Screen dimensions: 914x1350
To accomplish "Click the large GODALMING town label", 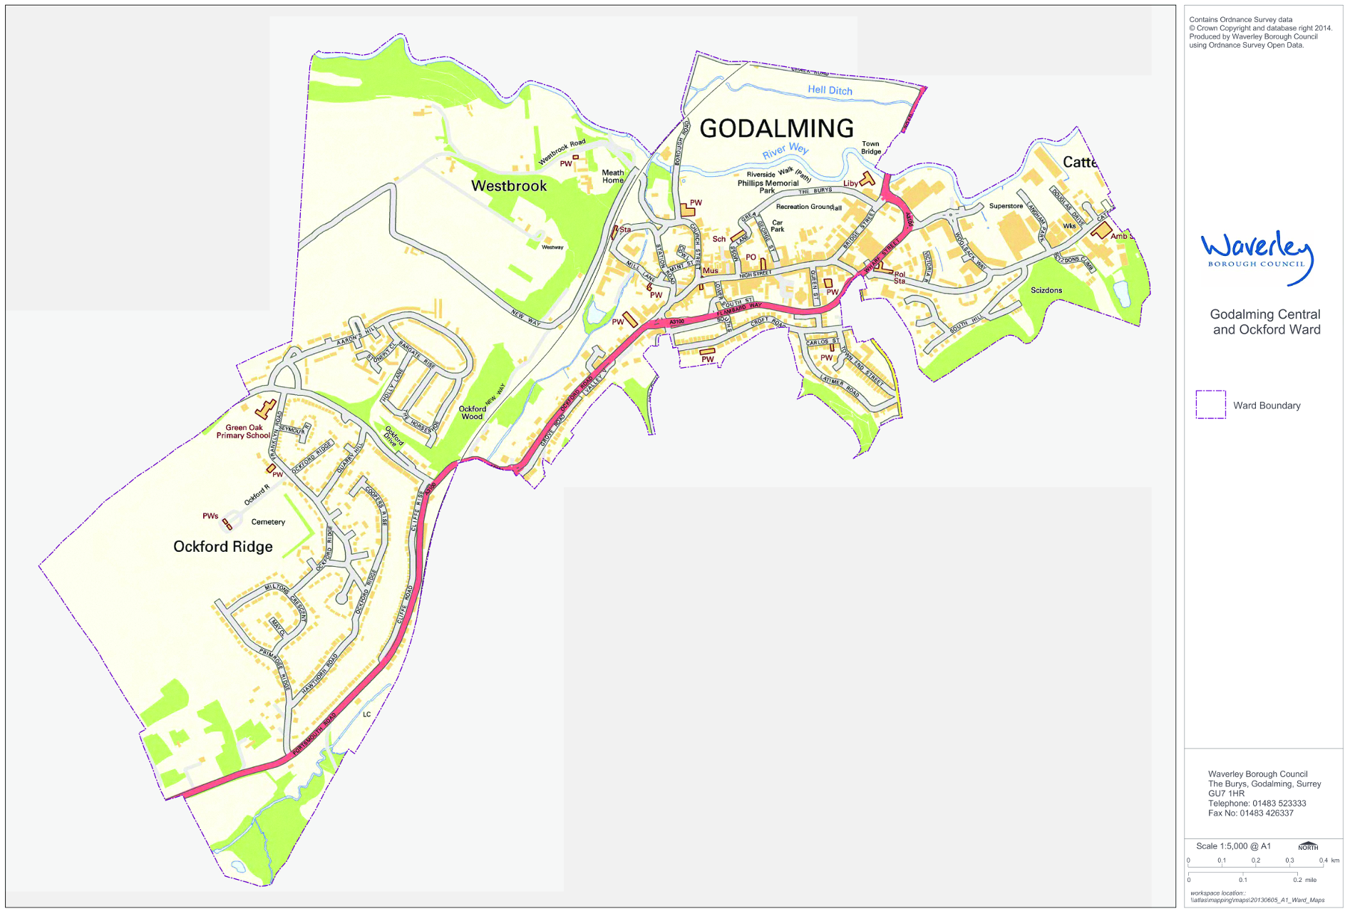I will point(776,128).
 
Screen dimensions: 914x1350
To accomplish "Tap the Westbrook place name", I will point(509,186).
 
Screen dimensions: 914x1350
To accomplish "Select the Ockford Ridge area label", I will point(223,547).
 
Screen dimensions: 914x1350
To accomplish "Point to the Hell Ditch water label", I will point(830,91).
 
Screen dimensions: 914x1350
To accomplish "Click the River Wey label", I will point(785,150).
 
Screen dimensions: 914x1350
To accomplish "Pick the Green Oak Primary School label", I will point(244,431).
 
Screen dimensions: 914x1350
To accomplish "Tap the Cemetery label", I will point(268,522).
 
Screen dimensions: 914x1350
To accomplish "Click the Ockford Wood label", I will point(472,413).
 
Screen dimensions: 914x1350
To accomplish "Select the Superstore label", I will point(1006,206).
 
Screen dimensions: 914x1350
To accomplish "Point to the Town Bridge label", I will point(871,148).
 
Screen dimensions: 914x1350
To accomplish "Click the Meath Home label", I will point(613,176).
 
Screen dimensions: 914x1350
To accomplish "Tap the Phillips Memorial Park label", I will point(768,186).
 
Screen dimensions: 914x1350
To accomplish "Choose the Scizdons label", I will point(1046,290).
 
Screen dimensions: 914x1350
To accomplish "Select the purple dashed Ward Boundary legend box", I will point(1210,404).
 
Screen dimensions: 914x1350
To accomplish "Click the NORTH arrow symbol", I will point(1308,846).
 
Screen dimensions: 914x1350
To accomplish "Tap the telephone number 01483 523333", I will point(1279,803).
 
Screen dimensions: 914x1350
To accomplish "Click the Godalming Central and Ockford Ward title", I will point(1266,322).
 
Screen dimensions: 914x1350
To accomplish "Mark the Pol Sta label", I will point(900,277).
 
